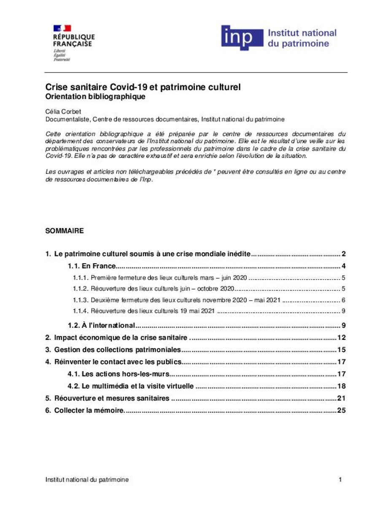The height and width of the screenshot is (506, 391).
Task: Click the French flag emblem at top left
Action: (x=62, y=28)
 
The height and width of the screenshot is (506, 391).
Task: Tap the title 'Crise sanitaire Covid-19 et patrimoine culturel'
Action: (x=143, y=88)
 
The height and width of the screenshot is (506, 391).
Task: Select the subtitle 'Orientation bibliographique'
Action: (x=95, y=97)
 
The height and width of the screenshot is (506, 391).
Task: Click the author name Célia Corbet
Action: (x=63, y=113)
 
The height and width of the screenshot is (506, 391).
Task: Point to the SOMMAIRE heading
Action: (x=65, y=231)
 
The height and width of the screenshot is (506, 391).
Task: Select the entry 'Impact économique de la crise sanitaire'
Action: (x=120, y=338)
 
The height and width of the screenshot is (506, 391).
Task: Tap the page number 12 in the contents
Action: (x=342, y=338)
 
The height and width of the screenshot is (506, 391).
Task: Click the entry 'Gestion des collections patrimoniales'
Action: (x=117, y=350)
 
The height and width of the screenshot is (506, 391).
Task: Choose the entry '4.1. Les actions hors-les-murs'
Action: (x=119, y=374)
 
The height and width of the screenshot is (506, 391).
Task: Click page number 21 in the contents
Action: (x=342, y=398)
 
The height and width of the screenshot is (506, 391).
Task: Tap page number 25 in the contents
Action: (x=342, y=410)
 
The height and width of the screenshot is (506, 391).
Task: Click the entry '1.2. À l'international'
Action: (x=102, y=326)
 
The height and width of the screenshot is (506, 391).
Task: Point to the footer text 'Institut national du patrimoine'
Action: (x=87, y=480)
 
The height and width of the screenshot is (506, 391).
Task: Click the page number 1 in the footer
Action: (x=340, y=480)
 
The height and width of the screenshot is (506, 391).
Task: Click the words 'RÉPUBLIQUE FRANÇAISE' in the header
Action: (x=74, y=40)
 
